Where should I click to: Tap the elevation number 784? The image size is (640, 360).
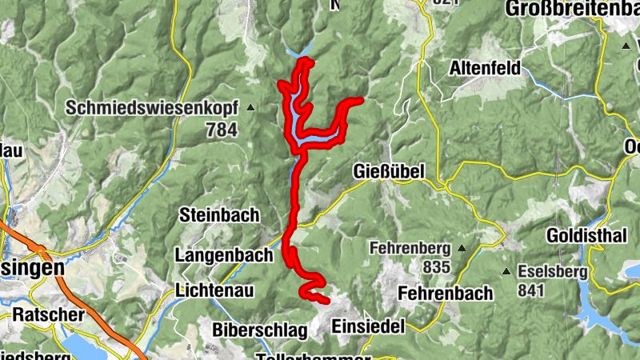[x=221, y=127]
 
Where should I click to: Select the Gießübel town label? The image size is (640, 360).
[x=387, y=171]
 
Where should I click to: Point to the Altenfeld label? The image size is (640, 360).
[x=485, y=66]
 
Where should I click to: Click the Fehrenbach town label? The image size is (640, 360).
[x=444, y=293]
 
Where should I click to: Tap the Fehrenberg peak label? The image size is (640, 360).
[x=410, y=249]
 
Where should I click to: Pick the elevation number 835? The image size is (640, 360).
[x=438, y=266]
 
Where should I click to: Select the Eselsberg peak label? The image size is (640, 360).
[x=552, y=272]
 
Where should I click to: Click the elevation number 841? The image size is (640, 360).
[x=532, y=290]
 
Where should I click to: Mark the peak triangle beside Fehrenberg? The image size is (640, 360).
[x=458, y=249]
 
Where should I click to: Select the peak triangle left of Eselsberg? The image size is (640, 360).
[x=506, y=272]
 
